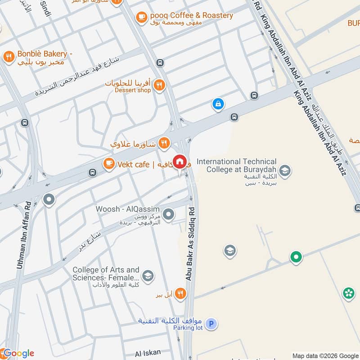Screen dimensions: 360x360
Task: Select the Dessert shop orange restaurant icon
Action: coord(158,84)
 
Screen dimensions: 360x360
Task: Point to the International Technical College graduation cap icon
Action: coord(284,171)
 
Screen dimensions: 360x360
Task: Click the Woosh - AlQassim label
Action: coord(127,209)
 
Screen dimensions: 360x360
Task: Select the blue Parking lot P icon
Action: coord(211,323)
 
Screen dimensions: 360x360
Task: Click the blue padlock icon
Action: coord(218,104)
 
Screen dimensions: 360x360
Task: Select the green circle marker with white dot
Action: coord(296,257)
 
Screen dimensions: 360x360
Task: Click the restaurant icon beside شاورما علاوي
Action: coord(164,144)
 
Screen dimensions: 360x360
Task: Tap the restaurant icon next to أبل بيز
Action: coord(180,293)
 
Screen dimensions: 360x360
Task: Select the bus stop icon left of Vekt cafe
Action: coord(92,172)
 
